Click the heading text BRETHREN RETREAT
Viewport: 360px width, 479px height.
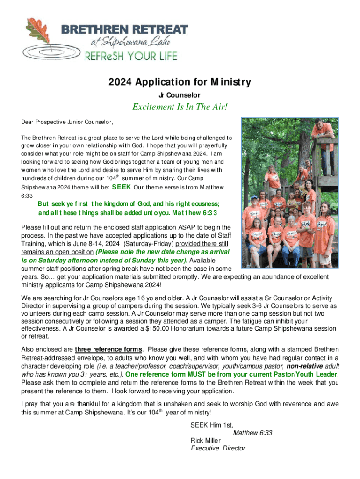point(125,30)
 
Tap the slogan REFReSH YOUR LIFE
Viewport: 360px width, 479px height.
point(130,57)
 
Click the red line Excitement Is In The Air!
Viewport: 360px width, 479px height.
point(180,108)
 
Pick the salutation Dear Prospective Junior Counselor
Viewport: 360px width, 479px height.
point(67,123)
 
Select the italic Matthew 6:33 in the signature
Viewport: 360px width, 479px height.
point(252,433)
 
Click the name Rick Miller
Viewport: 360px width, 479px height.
point(206,441)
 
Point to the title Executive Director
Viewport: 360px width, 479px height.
point(218,448)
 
